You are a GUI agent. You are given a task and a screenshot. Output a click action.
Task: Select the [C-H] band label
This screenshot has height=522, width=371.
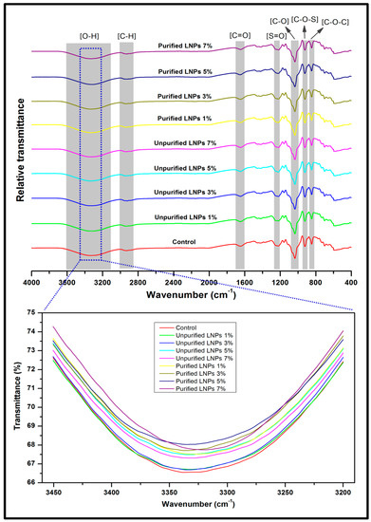pos(126,36)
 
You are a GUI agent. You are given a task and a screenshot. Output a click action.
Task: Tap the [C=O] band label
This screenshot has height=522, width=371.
pos(241,36)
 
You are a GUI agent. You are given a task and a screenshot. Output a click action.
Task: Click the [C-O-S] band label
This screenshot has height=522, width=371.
pos(305,17)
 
